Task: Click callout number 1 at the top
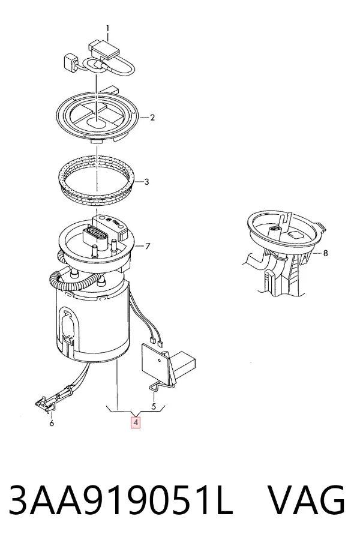[x=107, y=29]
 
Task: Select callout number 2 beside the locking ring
[x=152, y=118]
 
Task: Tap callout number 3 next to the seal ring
[x=146, y=182]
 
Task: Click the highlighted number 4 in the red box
[x=136, y=422]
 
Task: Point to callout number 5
[x=154, y=406]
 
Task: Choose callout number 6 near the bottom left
[x=52, y=424]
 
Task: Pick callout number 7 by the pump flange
[x=148, y=247]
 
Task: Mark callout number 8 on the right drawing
[x=326, y=253]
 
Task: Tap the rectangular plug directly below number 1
[x=104, y=49]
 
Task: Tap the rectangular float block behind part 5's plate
[x=183, y=363]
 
